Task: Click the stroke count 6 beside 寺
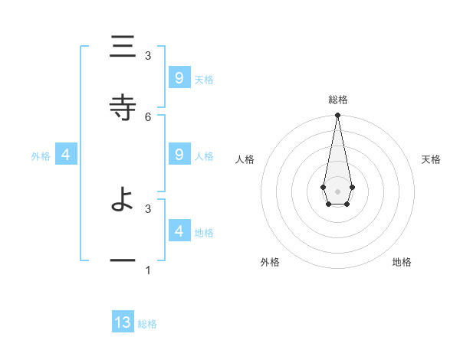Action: [x=148, y=116]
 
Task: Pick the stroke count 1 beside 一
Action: [x=148, y=270]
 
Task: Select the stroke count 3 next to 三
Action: [x=148, y=55]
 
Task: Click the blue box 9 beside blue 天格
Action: [x=179, y=77]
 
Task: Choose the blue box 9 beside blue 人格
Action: [x=179, y=154]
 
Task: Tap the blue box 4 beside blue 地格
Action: [x=179, y=231]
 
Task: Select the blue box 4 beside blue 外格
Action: [x=66, y=155]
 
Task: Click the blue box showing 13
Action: [x=123, y=322]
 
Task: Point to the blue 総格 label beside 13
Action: [x=147, y=324]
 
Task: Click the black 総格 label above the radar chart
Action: [x=338, y=100]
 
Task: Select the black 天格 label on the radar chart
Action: [x=432, y=159]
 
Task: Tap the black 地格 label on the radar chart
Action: [x=402, y=262]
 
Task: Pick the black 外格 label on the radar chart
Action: [x=270, y=262]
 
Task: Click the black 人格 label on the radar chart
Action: [x=245, y=159]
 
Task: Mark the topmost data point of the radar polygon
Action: [x=337, y=116]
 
